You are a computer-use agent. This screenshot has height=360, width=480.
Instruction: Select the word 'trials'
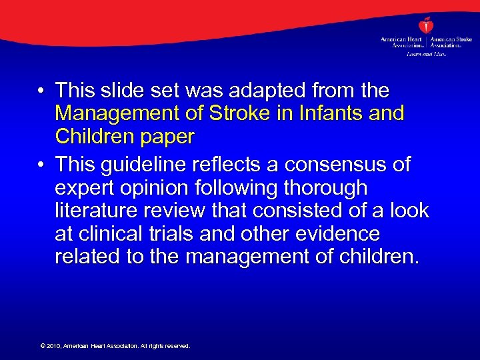[170, 234]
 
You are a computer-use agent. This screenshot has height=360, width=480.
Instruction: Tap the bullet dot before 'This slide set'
[41, 91]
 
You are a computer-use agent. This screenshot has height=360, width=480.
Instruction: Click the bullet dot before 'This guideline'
[41, 165]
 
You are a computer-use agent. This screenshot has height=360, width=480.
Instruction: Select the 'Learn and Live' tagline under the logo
[426, 53]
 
